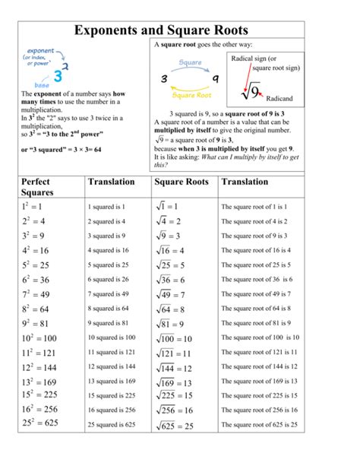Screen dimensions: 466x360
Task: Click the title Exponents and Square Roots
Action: tap(180, 32)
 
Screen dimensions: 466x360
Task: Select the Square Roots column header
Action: tap(181, 182)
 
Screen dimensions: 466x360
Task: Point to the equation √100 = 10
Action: tap(174, 338)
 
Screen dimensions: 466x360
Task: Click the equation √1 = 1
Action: tap(168, 207)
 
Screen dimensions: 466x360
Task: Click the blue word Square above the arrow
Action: tap(190, 62)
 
